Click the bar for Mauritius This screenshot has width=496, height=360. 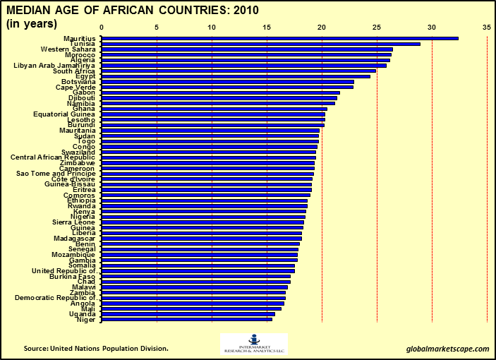280,38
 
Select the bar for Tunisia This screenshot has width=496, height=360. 261,44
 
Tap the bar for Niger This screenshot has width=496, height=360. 187,319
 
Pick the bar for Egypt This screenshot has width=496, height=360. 236,76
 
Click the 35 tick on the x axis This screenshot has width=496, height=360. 487,28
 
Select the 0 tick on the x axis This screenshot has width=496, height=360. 102,28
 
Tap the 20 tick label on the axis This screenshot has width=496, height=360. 322,28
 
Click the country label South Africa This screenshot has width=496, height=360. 75,71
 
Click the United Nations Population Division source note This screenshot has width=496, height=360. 96,349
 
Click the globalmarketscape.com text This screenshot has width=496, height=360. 447,349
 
